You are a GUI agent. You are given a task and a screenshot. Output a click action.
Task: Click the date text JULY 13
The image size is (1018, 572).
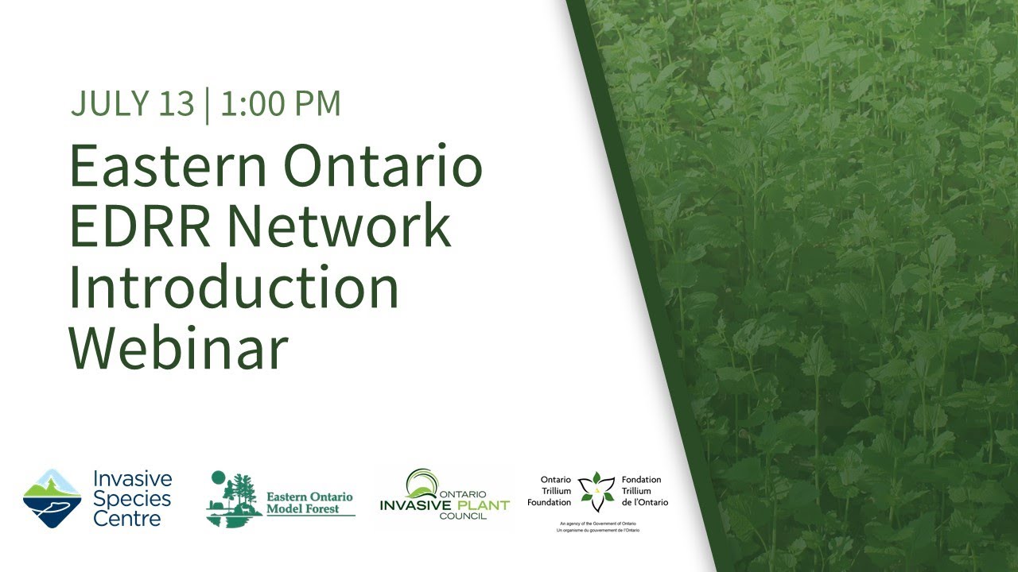pyautogui.click(x=132, y=104)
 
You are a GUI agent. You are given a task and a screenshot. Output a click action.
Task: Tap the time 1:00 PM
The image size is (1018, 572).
pyautogui.click(x=281, y=104)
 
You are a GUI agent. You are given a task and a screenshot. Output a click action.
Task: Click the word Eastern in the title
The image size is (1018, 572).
pyautogui.click(x=168, y=167)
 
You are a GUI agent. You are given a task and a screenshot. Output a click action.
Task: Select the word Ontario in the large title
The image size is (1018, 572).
pyautogui.click(x=383, y=167)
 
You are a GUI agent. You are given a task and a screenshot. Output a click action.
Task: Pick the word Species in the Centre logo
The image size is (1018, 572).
pyautogui.click(x=132, y=499)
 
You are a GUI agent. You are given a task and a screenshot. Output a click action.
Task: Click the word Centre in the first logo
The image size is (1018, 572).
pyautogui.click(x=127, y=519)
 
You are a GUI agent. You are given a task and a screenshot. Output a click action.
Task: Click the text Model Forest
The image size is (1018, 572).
pyautogui.click(x=302, y=509)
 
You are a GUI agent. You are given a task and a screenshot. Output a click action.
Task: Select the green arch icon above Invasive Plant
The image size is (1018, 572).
pyautogui.click(x=422, y=484)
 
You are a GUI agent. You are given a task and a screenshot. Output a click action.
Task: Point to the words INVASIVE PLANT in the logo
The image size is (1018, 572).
pyautogui.click(x=444, y=504)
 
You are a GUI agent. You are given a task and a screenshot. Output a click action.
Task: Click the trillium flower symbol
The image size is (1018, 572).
pyautogui.click(x=596, y=491)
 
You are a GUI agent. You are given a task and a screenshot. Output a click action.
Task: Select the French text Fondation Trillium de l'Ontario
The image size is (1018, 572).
pyautogui.click(x=645, y=491)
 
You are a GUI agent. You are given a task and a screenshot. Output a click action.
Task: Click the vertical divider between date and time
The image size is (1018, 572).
pyautogui.click(x=207, y=104)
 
